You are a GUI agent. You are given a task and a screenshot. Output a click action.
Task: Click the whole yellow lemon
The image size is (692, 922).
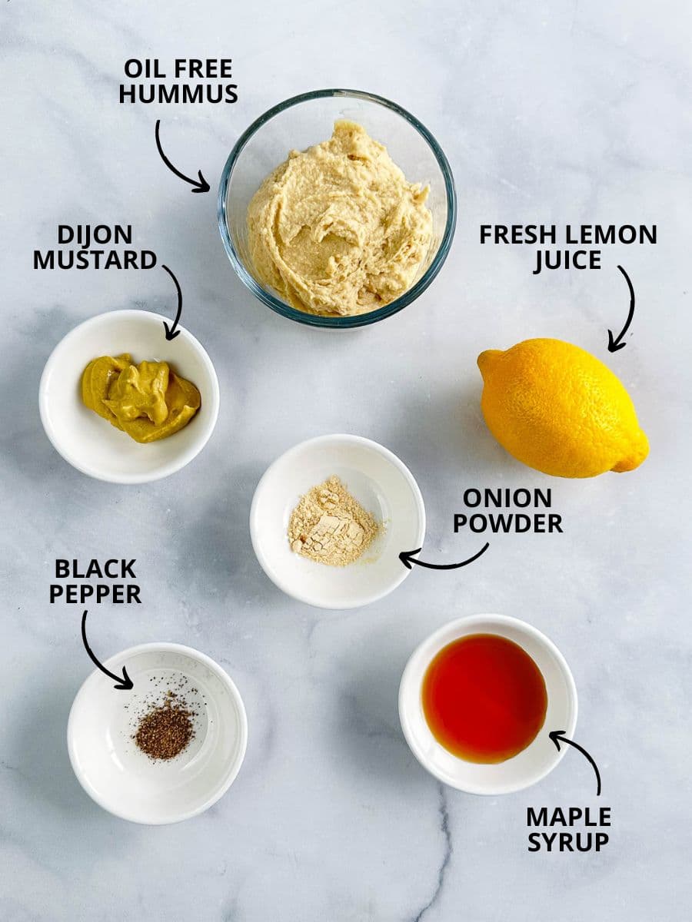pos(562,407)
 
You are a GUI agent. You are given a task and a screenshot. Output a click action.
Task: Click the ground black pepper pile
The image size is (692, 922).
pos(165,730)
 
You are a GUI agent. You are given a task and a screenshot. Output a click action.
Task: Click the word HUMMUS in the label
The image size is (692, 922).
pos(178,95)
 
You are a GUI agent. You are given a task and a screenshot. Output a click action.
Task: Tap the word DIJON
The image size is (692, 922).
pos(95,235)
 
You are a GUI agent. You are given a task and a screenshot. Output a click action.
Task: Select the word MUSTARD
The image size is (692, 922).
pos(95,260)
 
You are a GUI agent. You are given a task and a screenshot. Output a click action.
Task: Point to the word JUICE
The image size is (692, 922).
pos(567,260)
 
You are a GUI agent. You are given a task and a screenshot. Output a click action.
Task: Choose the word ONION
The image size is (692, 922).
pos(507,499)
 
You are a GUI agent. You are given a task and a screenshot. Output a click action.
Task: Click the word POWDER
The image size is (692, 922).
pos(507,524)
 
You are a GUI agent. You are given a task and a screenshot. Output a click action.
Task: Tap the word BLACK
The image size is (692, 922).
pos(95,569)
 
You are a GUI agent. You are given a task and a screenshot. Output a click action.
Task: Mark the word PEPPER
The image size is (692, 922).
pos(95,594)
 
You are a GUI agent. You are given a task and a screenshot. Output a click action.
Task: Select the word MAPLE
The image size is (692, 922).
pos(569,816)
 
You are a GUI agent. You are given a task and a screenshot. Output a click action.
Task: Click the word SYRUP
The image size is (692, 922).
pos(569,841)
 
